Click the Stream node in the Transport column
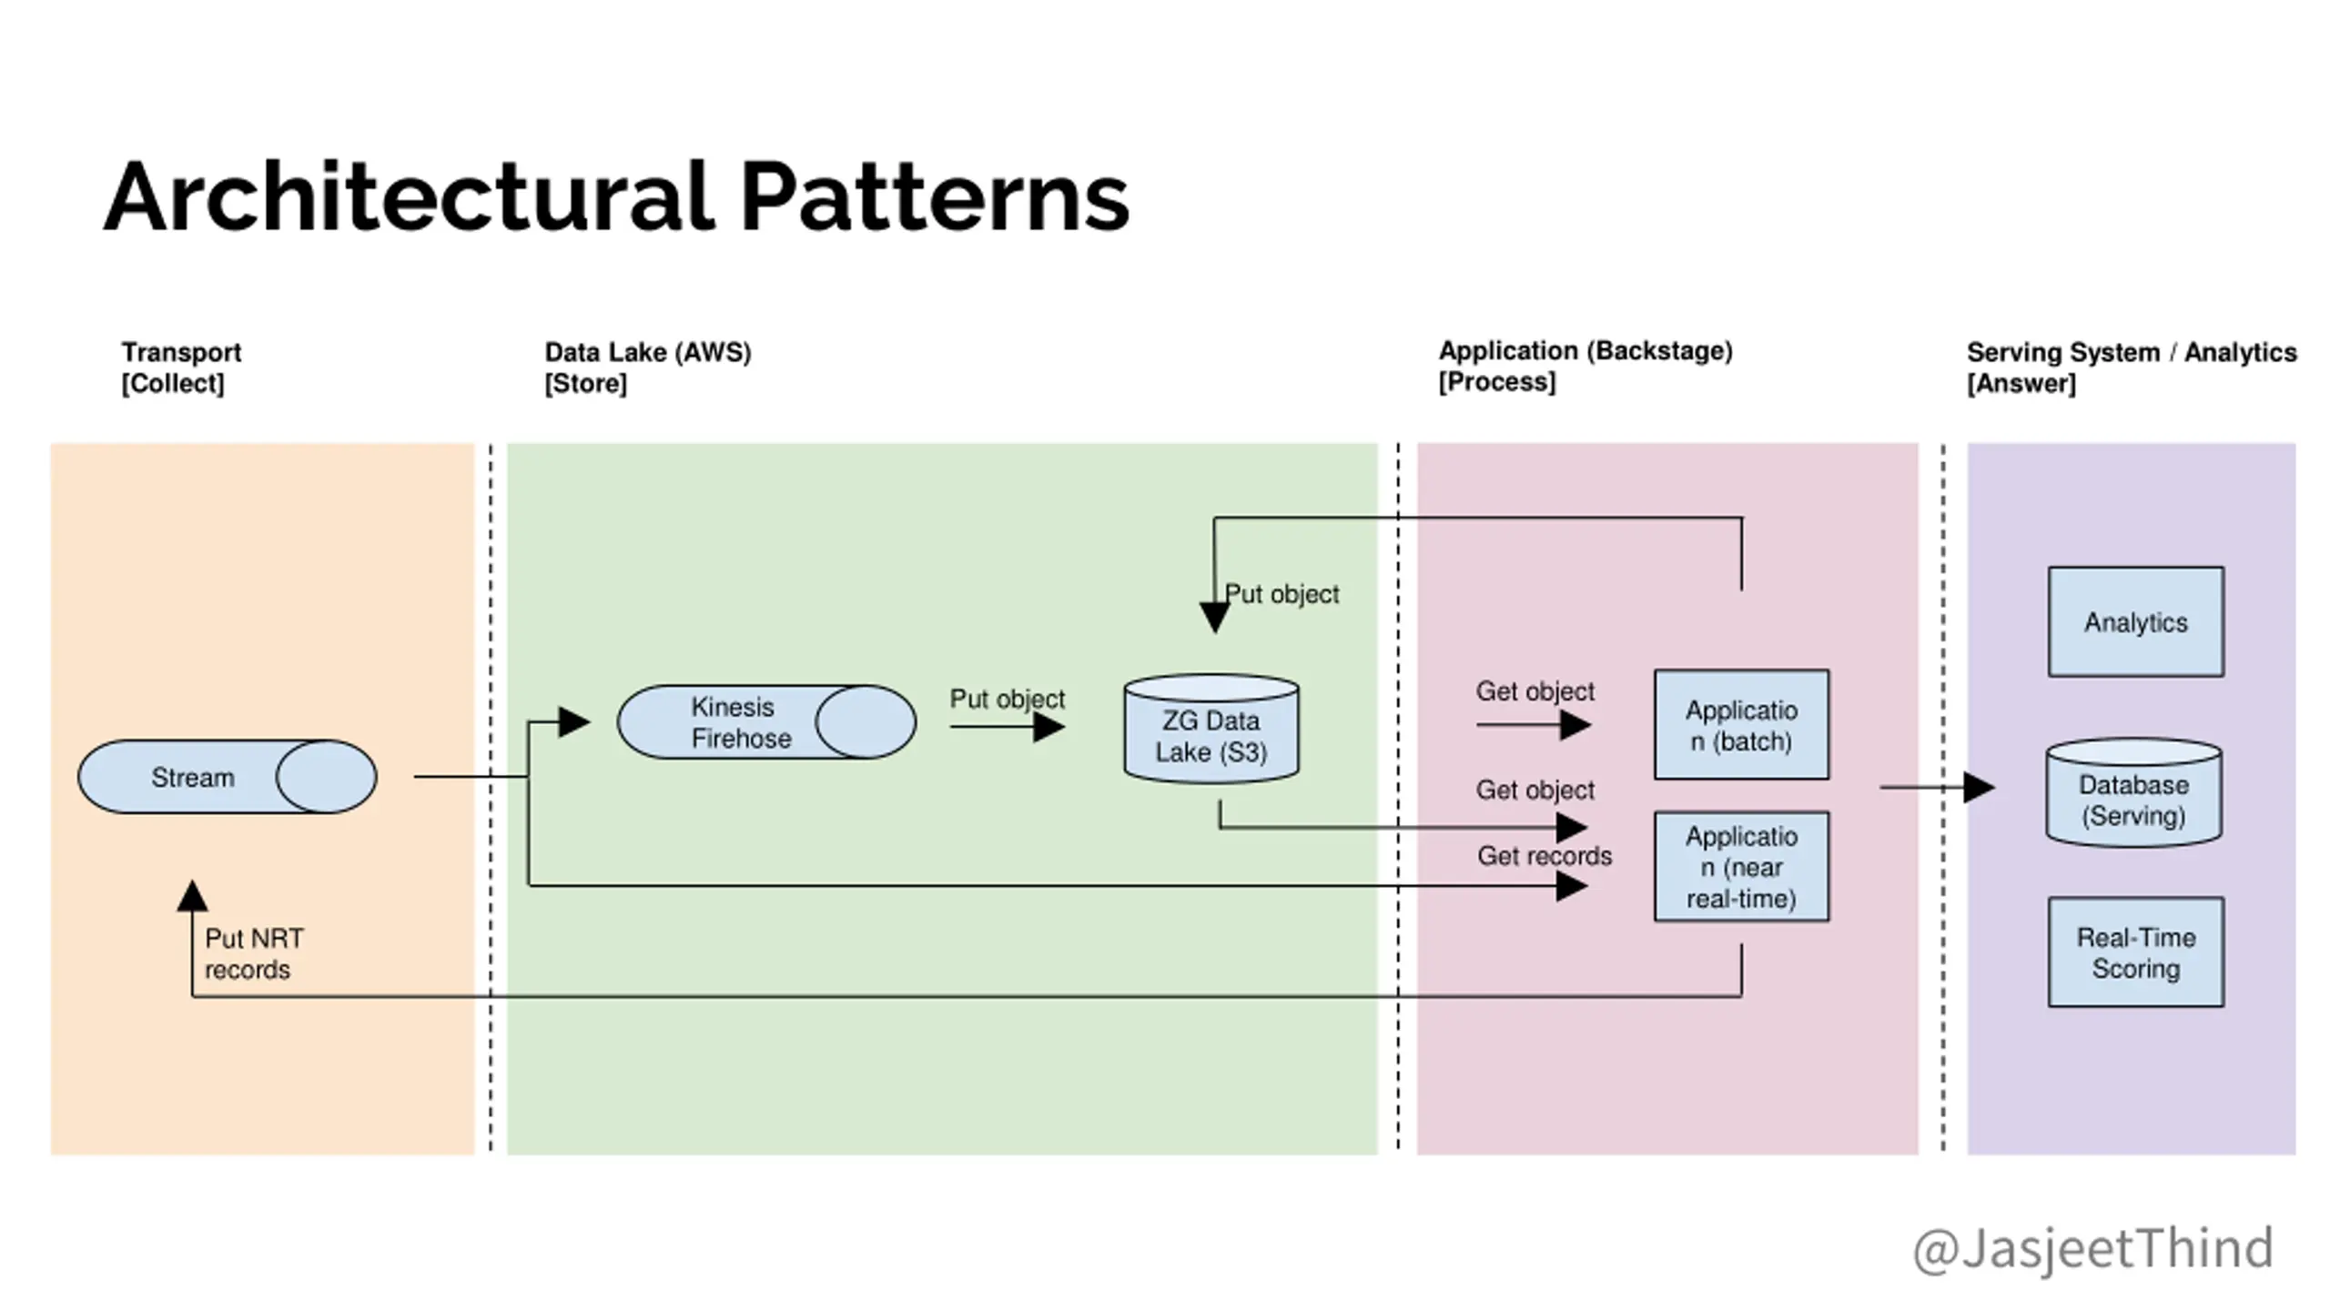pos(227,777)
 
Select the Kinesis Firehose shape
pos(766,722)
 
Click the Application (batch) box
pos(1741,725)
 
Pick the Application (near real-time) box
pos(1741,867)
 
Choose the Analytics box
pos(2135,622)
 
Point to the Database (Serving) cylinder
pos(2133,793)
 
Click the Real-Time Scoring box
pos(2135,952)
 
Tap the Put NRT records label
pos(254,953)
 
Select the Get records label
pos(1544,856)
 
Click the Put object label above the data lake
pos(1281,594)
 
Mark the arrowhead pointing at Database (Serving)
pos(1980,787)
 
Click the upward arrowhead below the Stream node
pos(192,895)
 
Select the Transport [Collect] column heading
pos(181,367)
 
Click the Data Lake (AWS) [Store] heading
pos(647,367)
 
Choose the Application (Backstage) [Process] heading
pos(1585,366)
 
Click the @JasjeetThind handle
pos(2092,1248)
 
